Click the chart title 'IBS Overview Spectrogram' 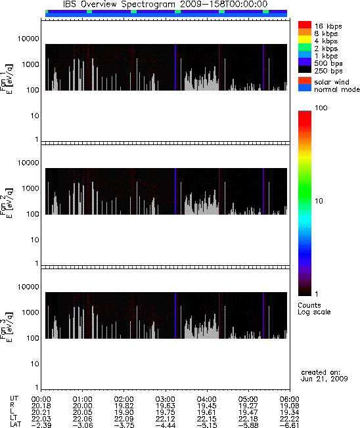click(119, 5)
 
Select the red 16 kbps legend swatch click(305, 25)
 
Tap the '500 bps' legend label click(328, 63)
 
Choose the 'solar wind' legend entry click(332, 82)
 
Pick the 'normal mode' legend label click(337, 89)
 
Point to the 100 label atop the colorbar click(321, 108)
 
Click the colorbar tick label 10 click(319, 201)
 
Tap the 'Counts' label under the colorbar click(309, 305)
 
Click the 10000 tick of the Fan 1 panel click(28, 39)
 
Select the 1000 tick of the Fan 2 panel click(31, 188)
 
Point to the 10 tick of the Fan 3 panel click(35, 364)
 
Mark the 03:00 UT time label click(165, 399)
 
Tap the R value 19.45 click(206, 406)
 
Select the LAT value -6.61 click(289, 425)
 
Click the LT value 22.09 click(124, 419)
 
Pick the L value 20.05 click(82, 412)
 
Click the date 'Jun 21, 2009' click(324, 379)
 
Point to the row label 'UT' click(14, 399)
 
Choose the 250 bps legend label click(328, 71)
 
